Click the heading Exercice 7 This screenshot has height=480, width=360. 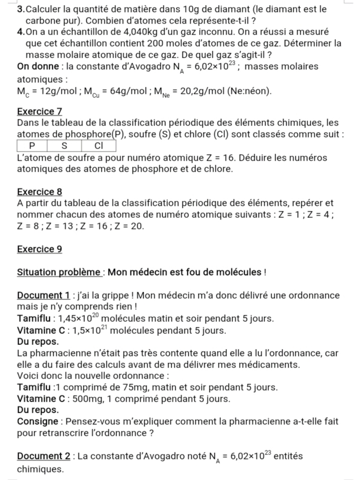(39, 111)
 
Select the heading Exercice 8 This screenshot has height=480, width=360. (39, 192)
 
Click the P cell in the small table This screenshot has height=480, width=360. (32, 146)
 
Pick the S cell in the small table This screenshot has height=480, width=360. (64, 146)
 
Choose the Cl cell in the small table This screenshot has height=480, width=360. (98, 146)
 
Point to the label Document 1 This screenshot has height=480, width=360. (39, 295)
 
